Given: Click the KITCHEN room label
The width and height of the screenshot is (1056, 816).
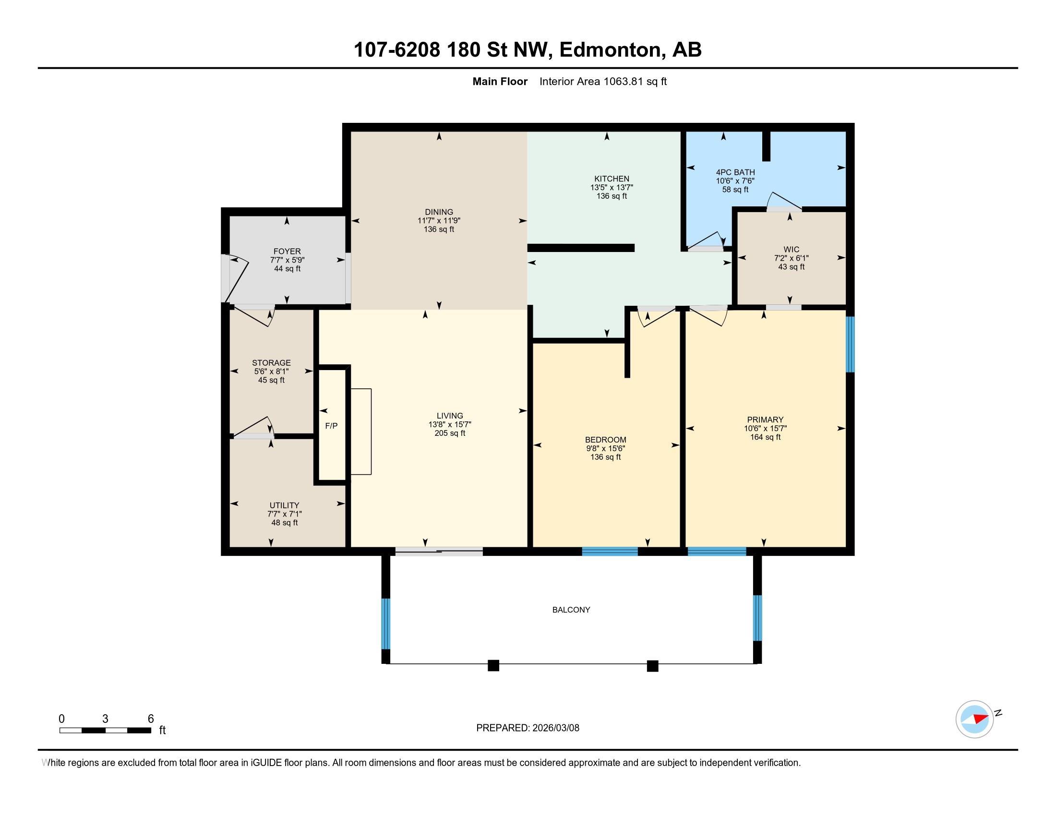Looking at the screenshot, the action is pyautogui.click(x=612, y=179).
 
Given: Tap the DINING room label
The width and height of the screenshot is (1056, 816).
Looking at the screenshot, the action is pyautogui.click(x=439, y=212).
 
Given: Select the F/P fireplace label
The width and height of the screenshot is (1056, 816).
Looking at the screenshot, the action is pyautogui.click(x=331, y=426).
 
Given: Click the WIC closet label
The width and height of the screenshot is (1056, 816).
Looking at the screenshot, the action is pyautogui.click(x=792, y=250).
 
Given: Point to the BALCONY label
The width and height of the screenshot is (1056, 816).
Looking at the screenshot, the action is pyautogui.click(x=571, y=610).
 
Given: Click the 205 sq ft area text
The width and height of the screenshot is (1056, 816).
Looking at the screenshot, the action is pyautogui.click(x=450, y=433).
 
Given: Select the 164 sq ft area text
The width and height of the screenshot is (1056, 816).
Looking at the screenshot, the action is pyautogui.click(x=765, y=437).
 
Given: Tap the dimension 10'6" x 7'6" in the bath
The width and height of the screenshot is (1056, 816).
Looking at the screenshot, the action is pyautogui.click(x=735, y=181).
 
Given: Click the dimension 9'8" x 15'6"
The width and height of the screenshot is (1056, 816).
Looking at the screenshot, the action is pyautogui.click(x=605, y=448).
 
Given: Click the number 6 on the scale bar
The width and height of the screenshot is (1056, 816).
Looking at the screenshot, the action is pyautogui.click(x=151, y=719).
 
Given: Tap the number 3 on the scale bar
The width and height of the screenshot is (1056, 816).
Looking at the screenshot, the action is pyautogui.click(x=105, y=719).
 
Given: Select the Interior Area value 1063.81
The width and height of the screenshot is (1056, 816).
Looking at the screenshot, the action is pyautogui.click(x=623, y=82).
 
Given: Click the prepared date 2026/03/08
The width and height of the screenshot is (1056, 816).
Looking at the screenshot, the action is pyautogui.click(x=555, y=728).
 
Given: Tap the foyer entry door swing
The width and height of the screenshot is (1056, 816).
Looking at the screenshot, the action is pyautogui.click(x=236, y=279).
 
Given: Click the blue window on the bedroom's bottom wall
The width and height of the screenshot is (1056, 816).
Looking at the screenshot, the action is pyautogui.click(x=610, y=552).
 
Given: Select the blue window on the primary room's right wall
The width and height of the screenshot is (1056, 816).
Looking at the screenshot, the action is pyautogui.click(x=850, y=344).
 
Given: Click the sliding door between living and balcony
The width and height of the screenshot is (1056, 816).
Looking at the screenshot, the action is pyautogui.click(x=439, y=552).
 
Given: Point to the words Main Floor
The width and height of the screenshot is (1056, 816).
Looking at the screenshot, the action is pyautogui.click(x=500, y=82).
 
